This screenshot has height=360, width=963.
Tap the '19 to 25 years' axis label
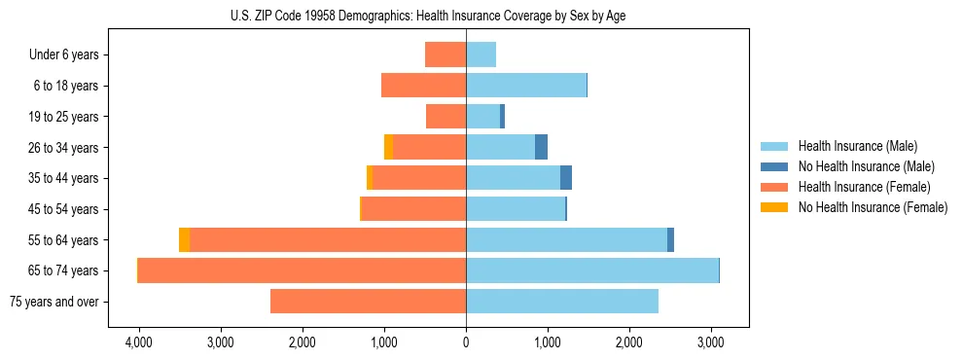click(63, 117)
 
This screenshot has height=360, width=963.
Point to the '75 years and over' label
click(54, 302)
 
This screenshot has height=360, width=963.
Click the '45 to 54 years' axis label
click(63, 209)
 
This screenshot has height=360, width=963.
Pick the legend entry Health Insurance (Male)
click(857, 146)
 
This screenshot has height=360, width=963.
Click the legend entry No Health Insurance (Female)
click(873, 207)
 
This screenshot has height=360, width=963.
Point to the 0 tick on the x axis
click(466, 342)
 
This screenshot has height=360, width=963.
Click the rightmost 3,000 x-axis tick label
click(711, 342)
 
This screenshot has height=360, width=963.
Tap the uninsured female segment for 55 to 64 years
click(184, 240)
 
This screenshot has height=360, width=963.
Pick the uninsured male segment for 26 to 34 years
click(541, 147)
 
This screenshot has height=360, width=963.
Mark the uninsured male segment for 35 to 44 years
click(566, 178)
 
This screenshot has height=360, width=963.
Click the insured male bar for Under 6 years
click(481, 54)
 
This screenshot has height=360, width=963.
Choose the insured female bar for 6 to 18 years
click(423, 86)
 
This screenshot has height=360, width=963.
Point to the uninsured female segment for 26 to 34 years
click(388, 147)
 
